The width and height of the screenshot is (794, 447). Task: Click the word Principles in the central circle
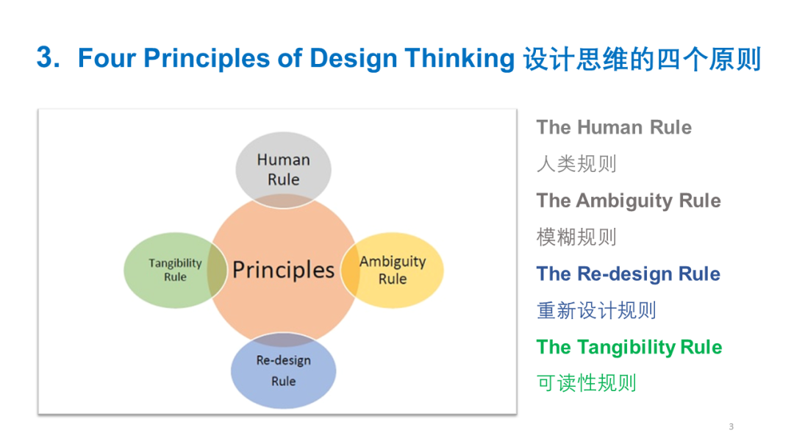tap(283, 270)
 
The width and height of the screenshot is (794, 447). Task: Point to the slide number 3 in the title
tap(48, 57)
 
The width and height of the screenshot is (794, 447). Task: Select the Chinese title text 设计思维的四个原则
tap(642, 59)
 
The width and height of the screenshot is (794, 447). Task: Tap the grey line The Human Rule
tap(614, 128)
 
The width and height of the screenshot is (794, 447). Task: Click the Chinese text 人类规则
tap(576, 164)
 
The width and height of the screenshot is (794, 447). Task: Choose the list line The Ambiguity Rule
tap(629, 201)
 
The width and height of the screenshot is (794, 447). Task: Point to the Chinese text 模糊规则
tap(576, 237)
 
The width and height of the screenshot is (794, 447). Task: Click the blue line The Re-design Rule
tap(629, 274)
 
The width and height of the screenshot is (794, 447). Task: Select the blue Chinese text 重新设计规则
tap(596, 310)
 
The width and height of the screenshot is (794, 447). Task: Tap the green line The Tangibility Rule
tap(629, 347)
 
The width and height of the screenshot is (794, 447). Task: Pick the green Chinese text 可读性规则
tap(587, 383)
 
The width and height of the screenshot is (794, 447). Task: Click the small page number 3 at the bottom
tap(732, 426)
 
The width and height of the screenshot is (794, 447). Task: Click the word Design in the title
tap(354, 59)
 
